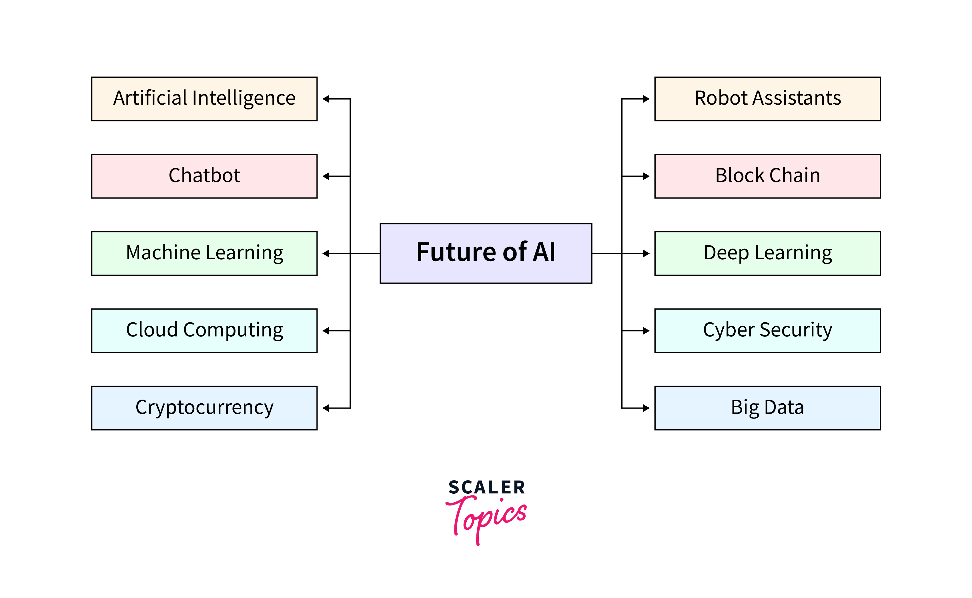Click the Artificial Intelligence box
click(204, 99)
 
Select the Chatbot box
click(204, 176)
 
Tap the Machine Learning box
click(204, 254)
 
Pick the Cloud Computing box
click(204, 331)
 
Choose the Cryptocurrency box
click(204, 408)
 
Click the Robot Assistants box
click(767, 99)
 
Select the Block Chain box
click(767, 176)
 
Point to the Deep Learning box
click(767, 254)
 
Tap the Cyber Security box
click(767, 331)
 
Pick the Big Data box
click(767, 408)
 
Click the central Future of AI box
click(486, 254)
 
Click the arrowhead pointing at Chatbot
click(326, 176)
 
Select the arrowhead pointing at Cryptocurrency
click(326, 408)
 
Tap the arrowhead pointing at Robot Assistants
click(646, 99)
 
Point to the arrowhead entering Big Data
click(646, 408)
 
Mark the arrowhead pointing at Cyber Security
click(646, 331)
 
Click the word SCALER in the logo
click(486, 487)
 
